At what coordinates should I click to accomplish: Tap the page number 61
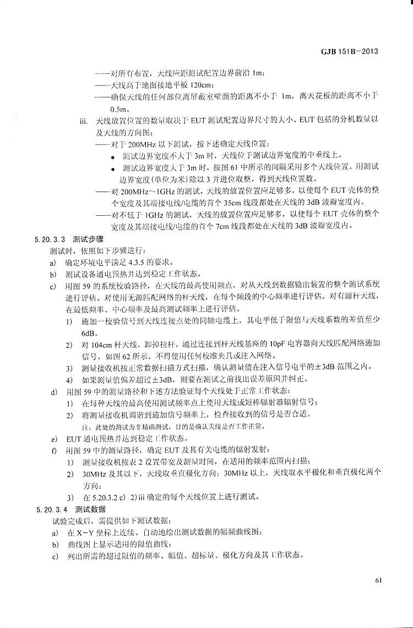(x=378, y=580)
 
